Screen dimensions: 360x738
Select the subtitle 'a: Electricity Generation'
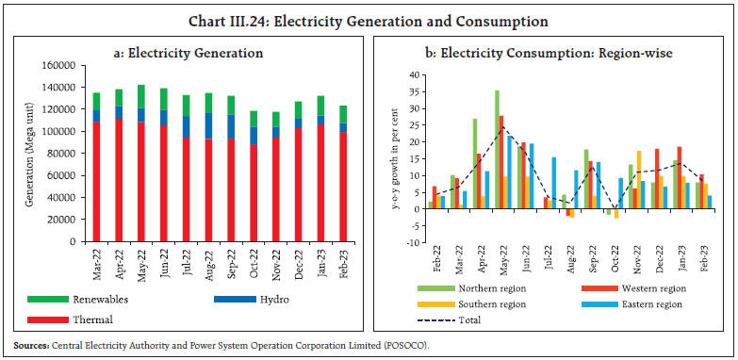click(x=188, y=54)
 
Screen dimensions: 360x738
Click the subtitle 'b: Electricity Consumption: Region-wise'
click(x=552, y=54)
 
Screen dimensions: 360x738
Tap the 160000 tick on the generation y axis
click(x=60, y=66)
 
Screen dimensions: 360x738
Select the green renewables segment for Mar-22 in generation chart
click(x=97, y=101)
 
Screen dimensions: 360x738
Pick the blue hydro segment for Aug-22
click(x=209, y=126)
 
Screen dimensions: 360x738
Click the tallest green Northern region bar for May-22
click(x=498, y=156)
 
